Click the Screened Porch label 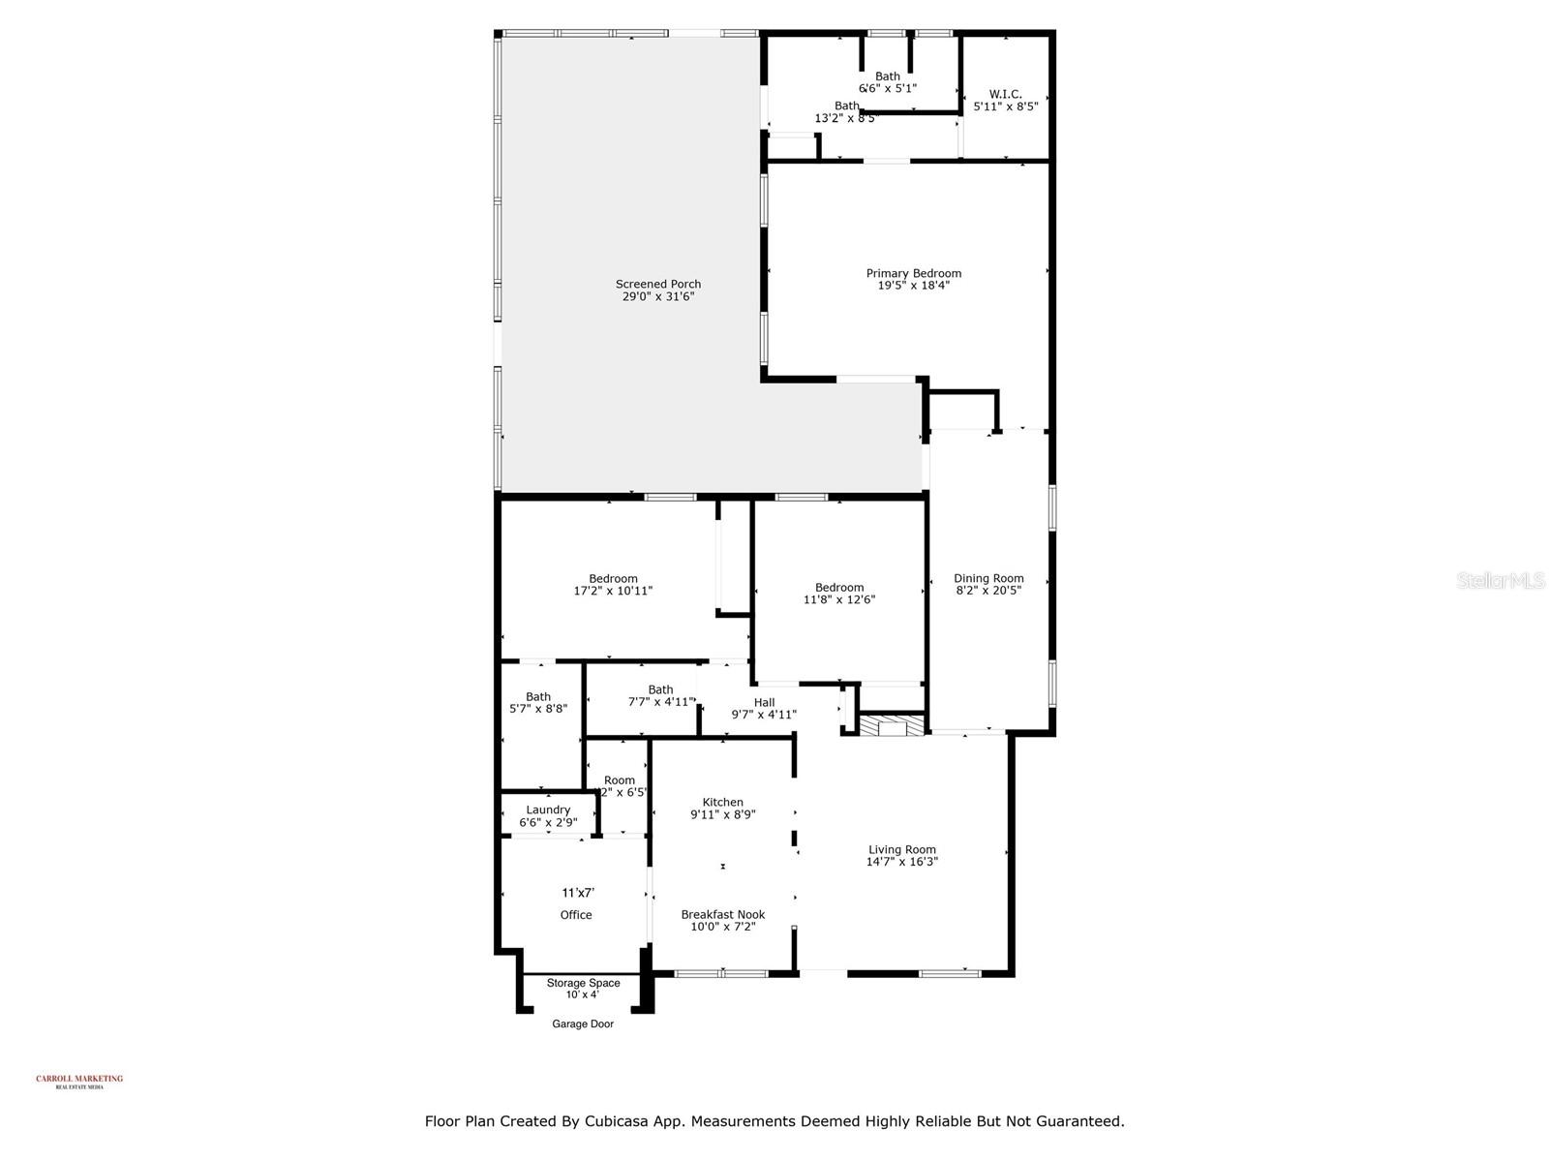(658, 284)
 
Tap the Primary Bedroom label (913, 273)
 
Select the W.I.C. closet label (1005, 94)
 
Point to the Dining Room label (988, 578)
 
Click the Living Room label (901, 849)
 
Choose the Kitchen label (722, 802)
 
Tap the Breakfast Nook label (722, 914)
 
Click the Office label (576, 915)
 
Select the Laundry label (548, 810)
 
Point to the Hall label (764, 702)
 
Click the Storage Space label (583, 983)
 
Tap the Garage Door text (583, 1024)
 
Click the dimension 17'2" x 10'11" (613, 591)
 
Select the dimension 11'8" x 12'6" (839, 599)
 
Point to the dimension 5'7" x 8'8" (538, 709)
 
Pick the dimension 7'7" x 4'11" (661, 702)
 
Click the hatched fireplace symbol (886, 726)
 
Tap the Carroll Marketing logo (79, 1081)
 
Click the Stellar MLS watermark (1500, 581)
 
